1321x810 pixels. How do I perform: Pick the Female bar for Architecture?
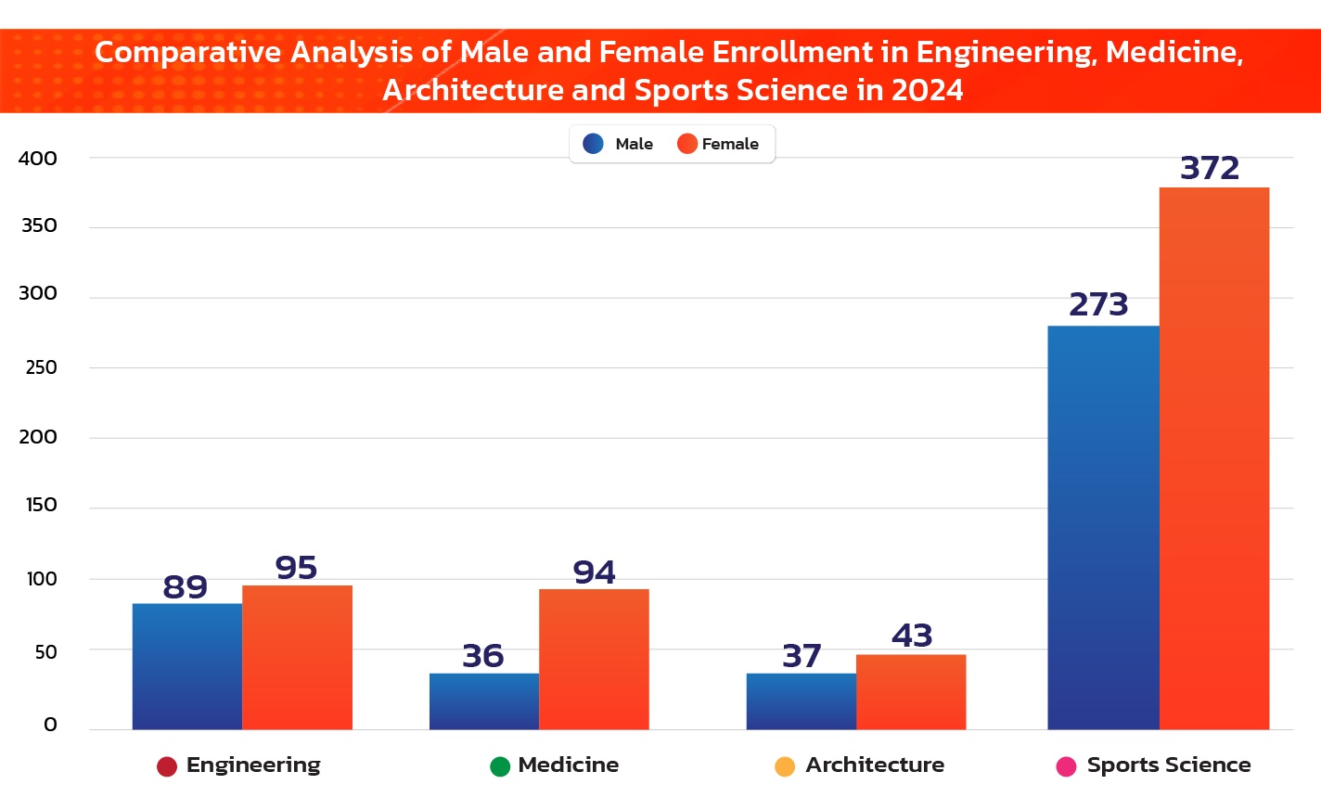coord(911,692)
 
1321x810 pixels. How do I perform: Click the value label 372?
coord(1210,169)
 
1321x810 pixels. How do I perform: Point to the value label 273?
coord(1098,305)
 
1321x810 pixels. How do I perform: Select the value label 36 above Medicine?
coord(483,657)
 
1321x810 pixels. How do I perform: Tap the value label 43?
coord(912,636)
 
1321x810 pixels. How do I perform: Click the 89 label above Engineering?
coord(186,587)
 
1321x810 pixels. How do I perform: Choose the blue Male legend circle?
coord(594,144)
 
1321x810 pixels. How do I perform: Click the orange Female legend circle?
coord(687,144)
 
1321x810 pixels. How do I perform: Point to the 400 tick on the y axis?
coord(38,159)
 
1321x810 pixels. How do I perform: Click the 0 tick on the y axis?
coord(50,725)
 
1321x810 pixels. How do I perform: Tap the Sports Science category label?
coord(1168,765)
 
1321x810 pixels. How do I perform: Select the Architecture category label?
coord(875,765)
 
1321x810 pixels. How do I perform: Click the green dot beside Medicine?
coord(500,766)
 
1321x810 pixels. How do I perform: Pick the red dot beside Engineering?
coord(167,766)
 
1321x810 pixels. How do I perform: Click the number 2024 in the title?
coord(927,91)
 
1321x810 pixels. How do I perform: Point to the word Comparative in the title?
coord(190,53)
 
